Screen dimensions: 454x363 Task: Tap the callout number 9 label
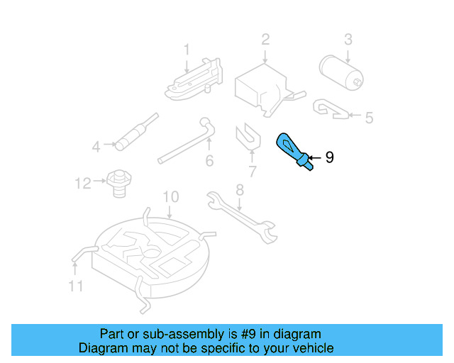pyautogui.click(x=329, y=157)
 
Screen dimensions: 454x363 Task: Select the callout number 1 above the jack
pyautogui.click(x=187, y=50)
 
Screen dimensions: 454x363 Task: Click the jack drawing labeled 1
pyautogui.click(x=194, y=79)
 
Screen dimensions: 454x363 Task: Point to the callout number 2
pyautogui.click(x=265, y=40)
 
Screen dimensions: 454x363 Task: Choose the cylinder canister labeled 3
pyautogui.click(x=341, y=72)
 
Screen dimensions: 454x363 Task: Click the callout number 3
pyautogui.click(x=348, y=40)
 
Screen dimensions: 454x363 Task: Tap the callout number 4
pyautogui.click(x=96, y=147)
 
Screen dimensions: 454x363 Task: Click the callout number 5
pyautogui.click(x=369, y=118)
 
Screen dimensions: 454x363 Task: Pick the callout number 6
pyautogui.click(x=209, y=161)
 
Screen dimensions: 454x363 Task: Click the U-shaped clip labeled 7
pyautogui.click(x=248, y=137)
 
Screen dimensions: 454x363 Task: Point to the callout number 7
pyautogui.click(x=253, y=172)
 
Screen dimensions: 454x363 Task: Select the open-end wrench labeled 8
pyautogui.click(x=242, y=217)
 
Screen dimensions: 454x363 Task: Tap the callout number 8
pyautogui.click(x=240, y=190)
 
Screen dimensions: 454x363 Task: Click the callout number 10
pyautogui.click(x=171, y=197)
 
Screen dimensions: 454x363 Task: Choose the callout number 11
pyautogui.click(x=76, y=286)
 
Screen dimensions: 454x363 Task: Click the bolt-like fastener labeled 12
pyautogui.click(x=119, y=184)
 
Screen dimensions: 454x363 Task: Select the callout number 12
pyautogui.click(x=83, y=184)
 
